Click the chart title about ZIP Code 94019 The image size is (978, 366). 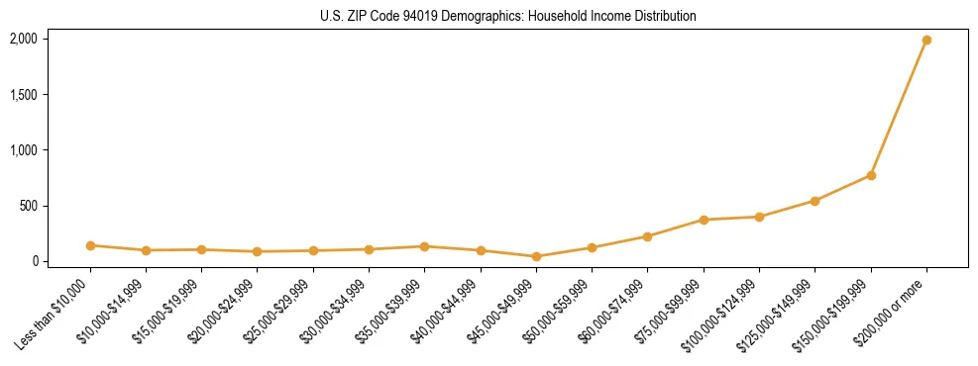[508, 17]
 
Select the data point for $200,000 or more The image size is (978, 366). [926, 41]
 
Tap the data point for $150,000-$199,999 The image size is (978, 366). [871, 175]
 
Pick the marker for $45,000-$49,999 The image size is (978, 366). [536, 256]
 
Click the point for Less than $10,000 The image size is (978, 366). [90, 245]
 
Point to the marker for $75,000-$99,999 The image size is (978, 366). [704, 220]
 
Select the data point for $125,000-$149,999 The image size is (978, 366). [815, 201]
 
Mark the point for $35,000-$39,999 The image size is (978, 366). [424, 246]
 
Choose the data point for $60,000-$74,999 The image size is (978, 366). [647, 236]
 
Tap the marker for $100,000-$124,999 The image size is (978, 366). [759, 217]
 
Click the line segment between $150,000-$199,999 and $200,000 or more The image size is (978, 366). [899, 108]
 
